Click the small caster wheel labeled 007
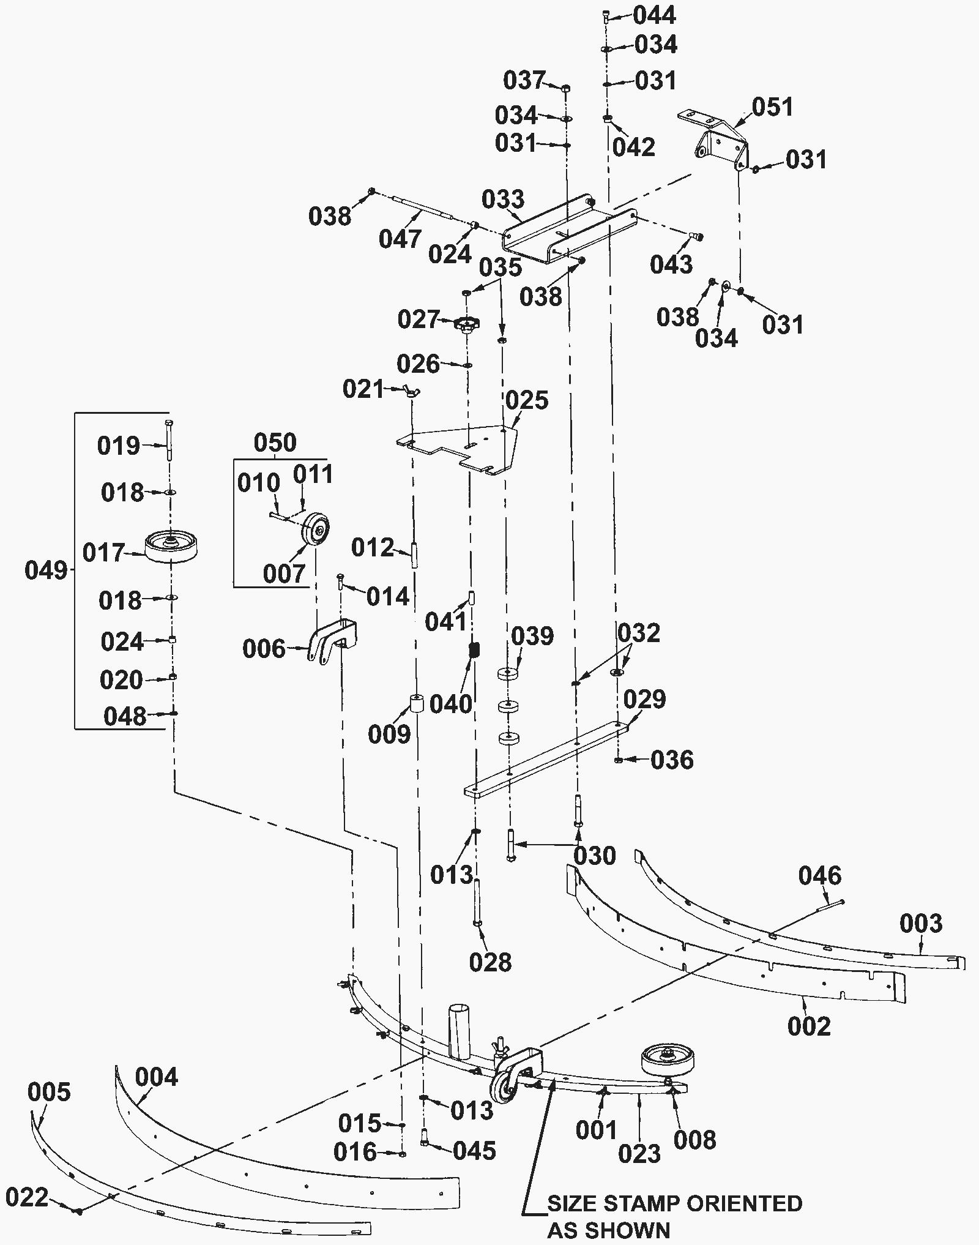317,528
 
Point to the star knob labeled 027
467,324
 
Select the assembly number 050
275,442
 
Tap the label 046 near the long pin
819,876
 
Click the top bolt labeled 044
606,17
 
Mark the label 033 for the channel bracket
503,199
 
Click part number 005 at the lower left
50,1091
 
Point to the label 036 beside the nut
672,760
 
